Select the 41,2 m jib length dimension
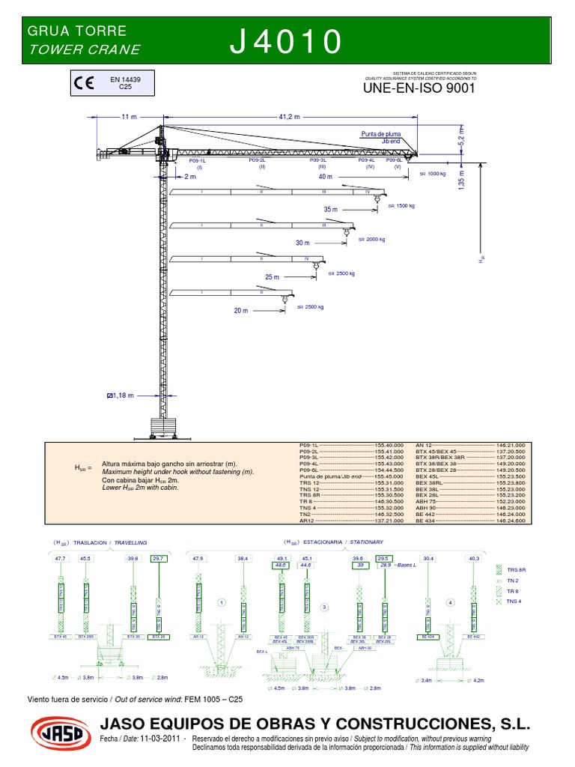pos(289,117)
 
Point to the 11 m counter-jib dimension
pos(129,117)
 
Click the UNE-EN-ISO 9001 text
pos(419,88)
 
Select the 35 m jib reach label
pos(331,210)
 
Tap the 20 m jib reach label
pos(240,310)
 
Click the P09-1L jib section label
pos(197,160)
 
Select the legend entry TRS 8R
pos(517,570)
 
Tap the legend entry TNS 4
pos(514,601)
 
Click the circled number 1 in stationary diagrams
pos(221,601)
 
